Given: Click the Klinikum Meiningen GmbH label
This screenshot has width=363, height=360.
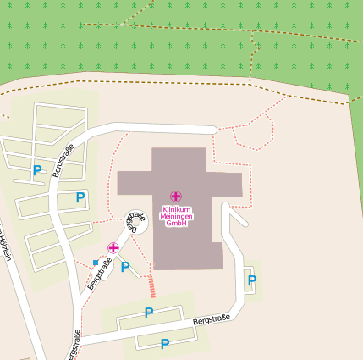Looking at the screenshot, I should (175, 215).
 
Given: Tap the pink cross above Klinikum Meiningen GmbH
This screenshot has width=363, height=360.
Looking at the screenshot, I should (175, 197).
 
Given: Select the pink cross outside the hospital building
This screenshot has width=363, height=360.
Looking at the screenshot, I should (113, 247).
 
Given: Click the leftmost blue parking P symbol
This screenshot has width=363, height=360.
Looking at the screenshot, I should (36, 170).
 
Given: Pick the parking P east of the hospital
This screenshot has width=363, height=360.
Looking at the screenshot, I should (250, 280).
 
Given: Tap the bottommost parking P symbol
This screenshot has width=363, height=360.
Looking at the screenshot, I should (164, 344).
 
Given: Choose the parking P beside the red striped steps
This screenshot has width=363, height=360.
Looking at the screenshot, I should (125, 268).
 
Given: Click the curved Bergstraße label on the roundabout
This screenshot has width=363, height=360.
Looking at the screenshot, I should (135, 222).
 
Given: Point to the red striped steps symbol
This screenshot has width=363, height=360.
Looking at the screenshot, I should (151, 286).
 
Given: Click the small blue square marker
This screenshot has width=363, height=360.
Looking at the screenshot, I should (95, 263).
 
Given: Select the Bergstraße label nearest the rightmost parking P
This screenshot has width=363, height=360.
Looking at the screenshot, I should (211, 320).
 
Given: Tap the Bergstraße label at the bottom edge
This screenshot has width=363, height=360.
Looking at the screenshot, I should (74, 344).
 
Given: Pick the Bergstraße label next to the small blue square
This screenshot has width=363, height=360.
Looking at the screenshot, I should (101, 274).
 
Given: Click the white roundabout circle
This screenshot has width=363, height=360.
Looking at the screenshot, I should (135, 222).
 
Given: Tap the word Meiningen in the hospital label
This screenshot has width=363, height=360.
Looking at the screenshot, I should (175, 215).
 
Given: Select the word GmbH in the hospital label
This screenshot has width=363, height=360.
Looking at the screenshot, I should (175, 223).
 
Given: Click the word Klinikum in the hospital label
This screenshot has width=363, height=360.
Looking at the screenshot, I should (175, 208).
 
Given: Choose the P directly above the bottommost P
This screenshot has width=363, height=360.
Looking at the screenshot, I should (148, 313).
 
